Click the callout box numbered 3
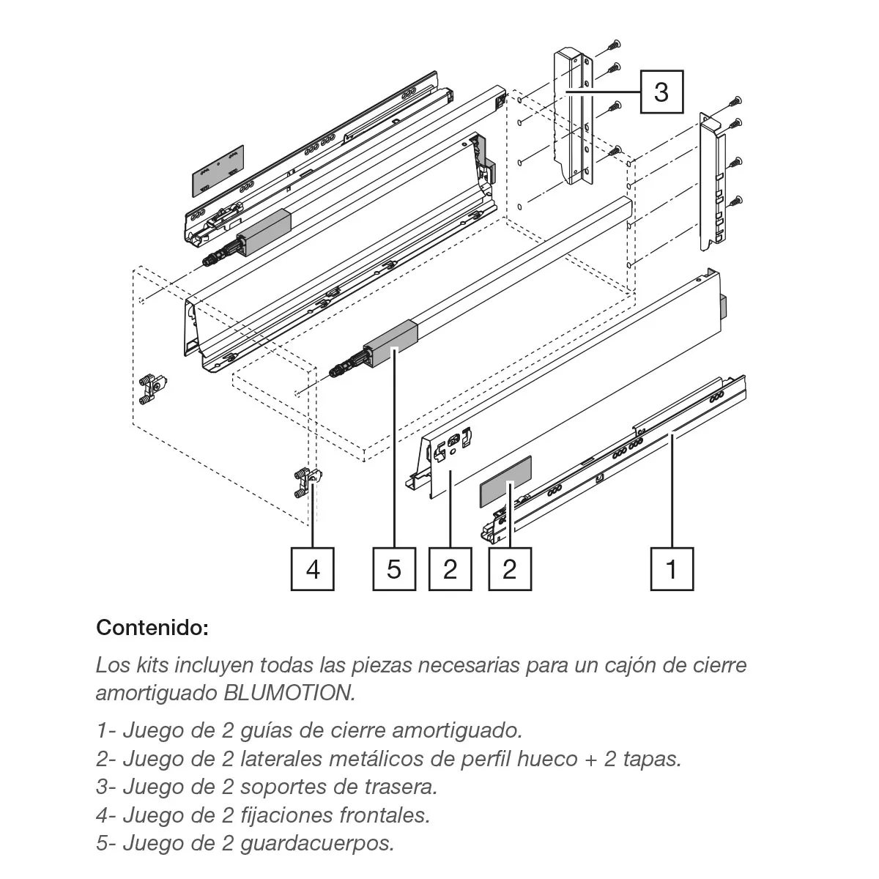click(x=661, y=92)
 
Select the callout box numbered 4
click(x=313, y=569)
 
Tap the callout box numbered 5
click(x=394, y=569)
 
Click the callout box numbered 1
click(x=672, y=569)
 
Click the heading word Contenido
click(x=152, y=628)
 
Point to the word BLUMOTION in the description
click(x=289, y=693)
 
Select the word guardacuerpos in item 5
click(x=317, y=843)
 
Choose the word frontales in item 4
click(x=384, y=815)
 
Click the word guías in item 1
click(x=265, y=731)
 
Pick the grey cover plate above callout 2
click(x=505, y=481)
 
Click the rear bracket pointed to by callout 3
click(x=574, y=118)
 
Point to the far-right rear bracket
click(x=713, y=182)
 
